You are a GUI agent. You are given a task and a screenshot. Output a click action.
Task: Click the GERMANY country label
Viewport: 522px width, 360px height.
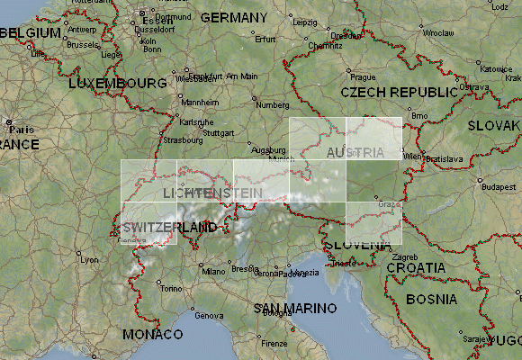[233, 18]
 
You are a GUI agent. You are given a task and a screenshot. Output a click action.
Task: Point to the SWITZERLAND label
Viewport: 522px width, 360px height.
[171, 227]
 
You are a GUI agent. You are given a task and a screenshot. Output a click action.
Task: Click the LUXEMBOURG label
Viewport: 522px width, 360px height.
[117, 83]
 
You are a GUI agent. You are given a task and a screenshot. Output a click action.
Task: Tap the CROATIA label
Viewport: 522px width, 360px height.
[415, 267]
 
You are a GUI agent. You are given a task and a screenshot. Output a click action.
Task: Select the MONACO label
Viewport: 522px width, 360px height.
[151, 334]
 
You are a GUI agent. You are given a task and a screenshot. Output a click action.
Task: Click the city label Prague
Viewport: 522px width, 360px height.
[363, 77]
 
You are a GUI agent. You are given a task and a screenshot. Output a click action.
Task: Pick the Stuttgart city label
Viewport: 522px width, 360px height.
[219, 133]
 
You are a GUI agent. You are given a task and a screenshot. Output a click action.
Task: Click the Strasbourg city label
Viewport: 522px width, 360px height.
[184, 140]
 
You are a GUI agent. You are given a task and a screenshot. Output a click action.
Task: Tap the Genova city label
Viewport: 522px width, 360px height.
[208, 315]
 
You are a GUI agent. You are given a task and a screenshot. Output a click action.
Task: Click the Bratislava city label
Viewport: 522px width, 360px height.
[444, 159]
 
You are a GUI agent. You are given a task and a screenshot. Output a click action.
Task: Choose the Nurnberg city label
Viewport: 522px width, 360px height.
[274, 104]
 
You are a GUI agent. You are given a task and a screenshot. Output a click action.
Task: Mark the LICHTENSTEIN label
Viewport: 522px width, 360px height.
[213, 193]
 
